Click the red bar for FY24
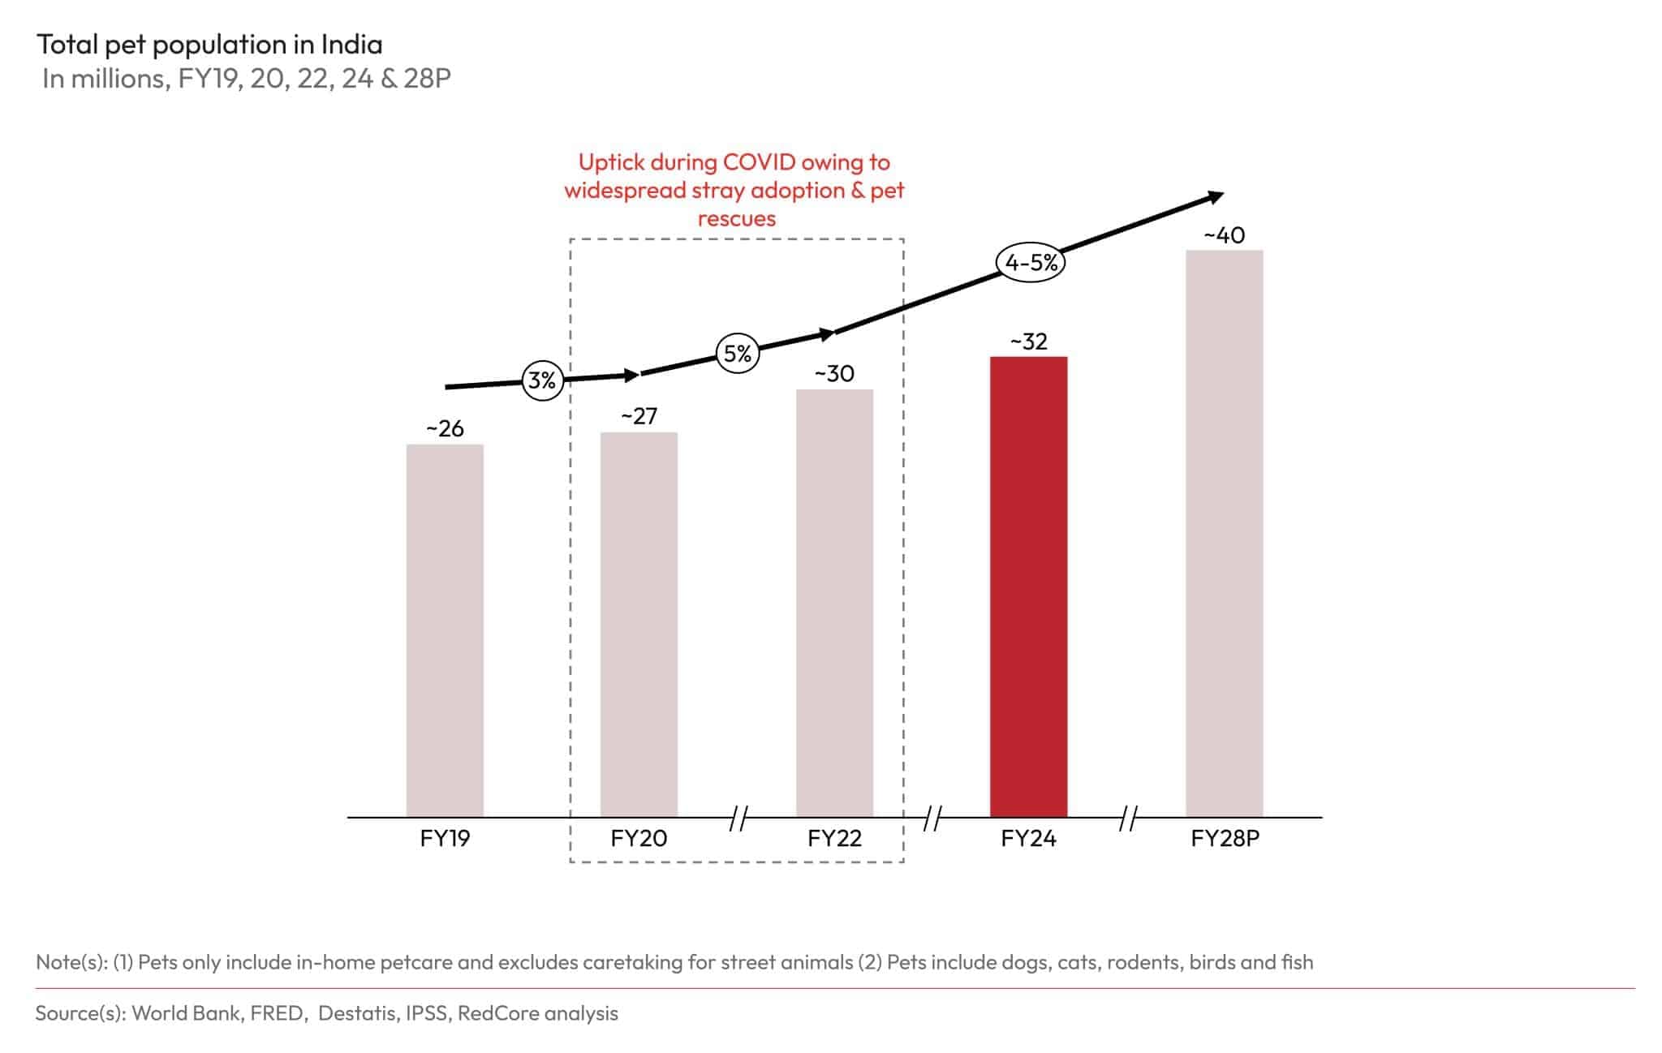click(1028, 586)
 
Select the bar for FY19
click(445, 630)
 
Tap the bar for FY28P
click(1224, 532)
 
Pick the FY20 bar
click(639, 624)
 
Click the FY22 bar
click(834, 602)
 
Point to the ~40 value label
click(1224, 235)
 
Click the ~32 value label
click(1028, 342)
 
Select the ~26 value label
click(445, 428)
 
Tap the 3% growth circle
click(542, 380)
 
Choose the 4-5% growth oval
click(1031, 262)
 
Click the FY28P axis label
click(1224, 838)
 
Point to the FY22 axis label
click(834, 838)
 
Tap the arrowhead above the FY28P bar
click(1215, 196)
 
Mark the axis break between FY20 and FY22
click(738, 819)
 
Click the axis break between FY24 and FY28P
click(1127, 819)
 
